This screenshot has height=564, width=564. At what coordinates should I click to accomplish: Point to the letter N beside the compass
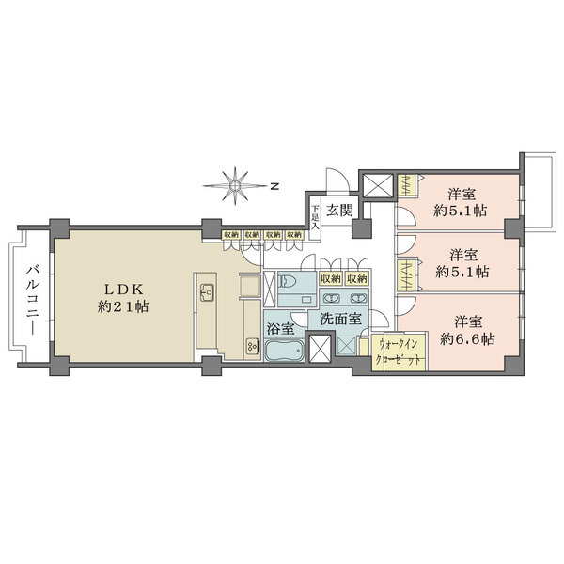click(274, 186)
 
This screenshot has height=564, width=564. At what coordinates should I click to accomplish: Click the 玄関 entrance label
click(339, 211)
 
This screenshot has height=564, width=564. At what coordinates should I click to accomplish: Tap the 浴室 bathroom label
click(280, 330)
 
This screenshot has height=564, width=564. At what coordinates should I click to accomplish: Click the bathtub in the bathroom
click(283, 354)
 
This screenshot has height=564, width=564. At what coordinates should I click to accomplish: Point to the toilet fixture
click(289, 282)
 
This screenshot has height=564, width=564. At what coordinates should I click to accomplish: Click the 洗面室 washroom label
click(339, 320)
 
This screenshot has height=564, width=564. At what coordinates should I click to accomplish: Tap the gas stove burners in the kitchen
click(252, 346)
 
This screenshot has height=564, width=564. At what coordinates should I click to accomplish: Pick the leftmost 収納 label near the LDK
click(230, 235)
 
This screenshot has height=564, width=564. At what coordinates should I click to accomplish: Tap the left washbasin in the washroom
click(331, 295)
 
